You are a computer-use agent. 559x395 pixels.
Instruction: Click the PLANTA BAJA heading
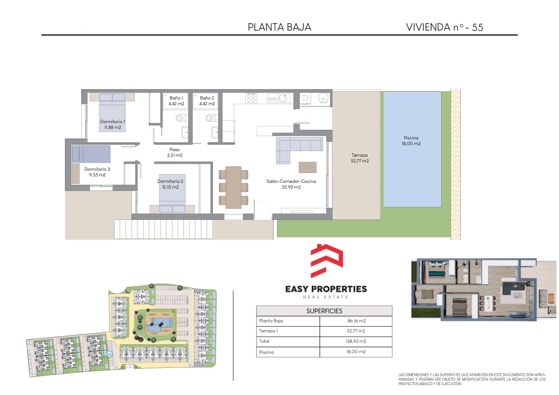click(x=279, y=27)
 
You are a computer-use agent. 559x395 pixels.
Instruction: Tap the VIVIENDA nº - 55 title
click(x=444, y=27)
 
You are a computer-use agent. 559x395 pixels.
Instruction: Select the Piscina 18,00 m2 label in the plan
click(x=411, y=141)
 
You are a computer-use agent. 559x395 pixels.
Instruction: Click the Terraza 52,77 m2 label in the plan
click(x=360, y=158)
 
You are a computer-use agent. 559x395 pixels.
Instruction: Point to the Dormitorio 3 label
click(x=97, y=169)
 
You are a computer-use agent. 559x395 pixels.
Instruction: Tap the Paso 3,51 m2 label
click(x=175, y=152)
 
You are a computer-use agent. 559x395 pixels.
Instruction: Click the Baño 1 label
click(x=176, y=98)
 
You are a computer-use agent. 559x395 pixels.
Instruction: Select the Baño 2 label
click(x=207, y=98)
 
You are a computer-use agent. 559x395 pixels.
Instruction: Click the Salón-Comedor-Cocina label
click(x=292, y=181)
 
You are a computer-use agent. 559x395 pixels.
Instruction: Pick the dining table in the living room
click(x=234, y=187)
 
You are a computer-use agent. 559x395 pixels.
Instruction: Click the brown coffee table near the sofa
click(x=308, y=167)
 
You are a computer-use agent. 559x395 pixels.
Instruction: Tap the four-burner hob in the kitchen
click(x=251, y=98)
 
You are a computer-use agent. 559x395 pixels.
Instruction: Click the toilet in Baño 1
click(x=181, y=117)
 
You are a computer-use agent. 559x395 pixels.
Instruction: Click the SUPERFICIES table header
click(x=324, y=311)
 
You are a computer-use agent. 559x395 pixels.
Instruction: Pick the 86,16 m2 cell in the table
click(x=356, y=321)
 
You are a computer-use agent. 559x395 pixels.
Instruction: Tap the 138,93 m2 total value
click(x=356, y=341)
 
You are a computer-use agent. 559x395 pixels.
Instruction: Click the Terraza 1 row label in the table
click(x=268, y=331)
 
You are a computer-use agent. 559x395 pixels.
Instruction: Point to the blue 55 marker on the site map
click(x=109, y=354)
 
